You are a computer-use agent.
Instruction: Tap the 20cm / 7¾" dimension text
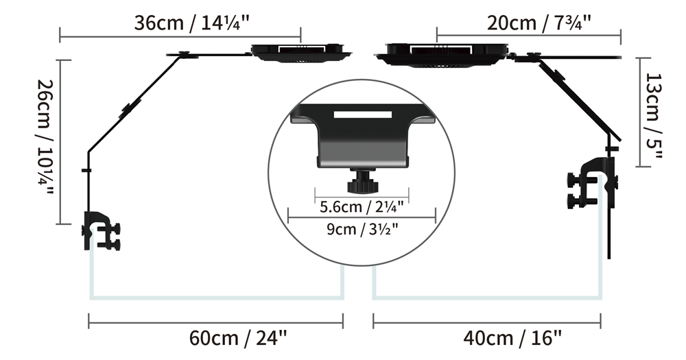pyautogui.click(x=539, y=23)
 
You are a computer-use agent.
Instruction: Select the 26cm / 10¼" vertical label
pyautogui.click(x=45, y=137)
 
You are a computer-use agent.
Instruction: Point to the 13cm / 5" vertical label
pyautogui.click(x=654, y=117)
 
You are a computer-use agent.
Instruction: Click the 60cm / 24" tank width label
pyautogui.click(x=239, y=338)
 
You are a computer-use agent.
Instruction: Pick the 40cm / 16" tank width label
pyautogui.click(x=512, y=338)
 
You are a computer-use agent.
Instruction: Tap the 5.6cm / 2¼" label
pyautogui.click(x=362, y=206)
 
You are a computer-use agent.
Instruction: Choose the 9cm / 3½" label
pyautogui.click(x=362, y=228)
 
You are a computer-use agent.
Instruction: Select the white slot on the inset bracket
pyautogui.click(x=363, y=115)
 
